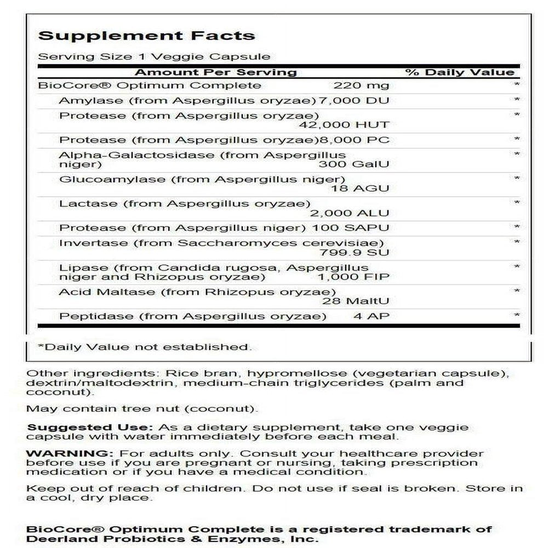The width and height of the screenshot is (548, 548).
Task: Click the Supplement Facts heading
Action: pos(146,36)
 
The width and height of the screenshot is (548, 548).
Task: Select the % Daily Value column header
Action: pos(460,72)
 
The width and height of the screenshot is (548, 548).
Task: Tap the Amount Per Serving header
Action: pos(215,72)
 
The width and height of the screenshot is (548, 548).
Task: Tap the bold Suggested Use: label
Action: pos(90,427)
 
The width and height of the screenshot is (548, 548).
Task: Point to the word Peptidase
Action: pos(88,316)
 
